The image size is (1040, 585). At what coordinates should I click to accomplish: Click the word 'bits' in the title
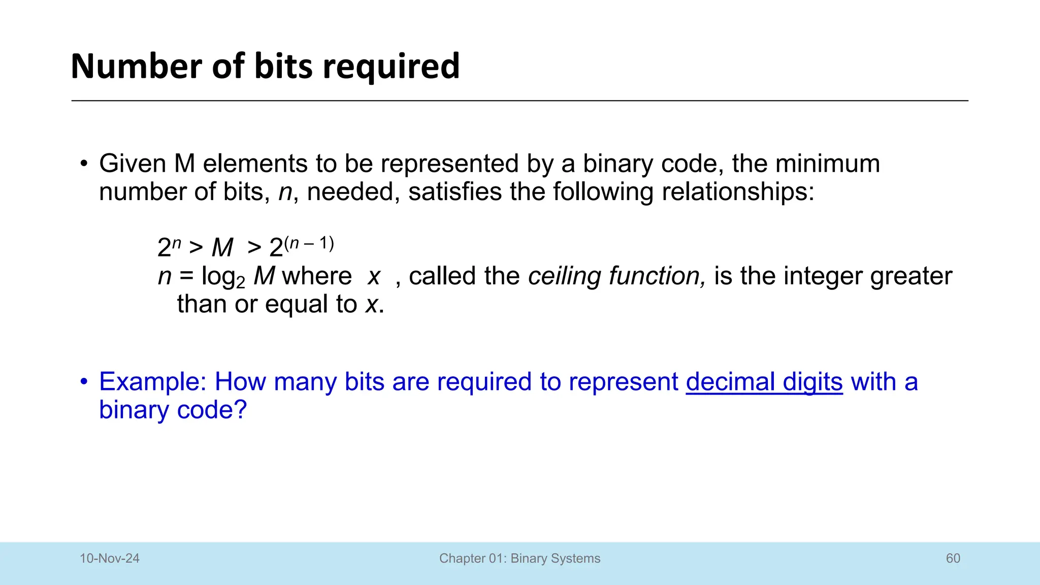283,66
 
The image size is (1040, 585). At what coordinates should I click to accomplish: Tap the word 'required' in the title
391,67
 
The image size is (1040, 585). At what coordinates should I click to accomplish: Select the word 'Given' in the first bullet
133,164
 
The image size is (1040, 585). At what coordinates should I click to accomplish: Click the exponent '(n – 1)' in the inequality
309,244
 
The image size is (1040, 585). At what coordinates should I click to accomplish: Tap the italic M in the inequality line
222,248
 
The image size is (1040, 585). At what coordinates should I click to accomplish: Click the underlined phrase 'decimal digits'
764,382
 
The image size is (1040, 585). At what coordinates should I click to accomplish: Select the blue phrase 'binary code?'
173,410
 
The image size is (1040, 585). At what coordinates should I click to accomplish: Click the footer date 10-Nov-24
110,559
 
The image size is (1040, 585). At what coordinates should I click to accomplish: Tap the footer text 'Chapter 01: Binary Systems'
519,559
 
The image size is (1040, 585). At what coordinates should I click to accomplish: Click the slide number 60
953,559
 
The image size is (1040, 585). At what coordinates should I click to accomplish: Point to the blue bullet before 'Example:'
84,382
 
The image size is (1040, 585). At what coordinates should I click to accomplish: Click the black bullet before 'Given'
84,164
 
